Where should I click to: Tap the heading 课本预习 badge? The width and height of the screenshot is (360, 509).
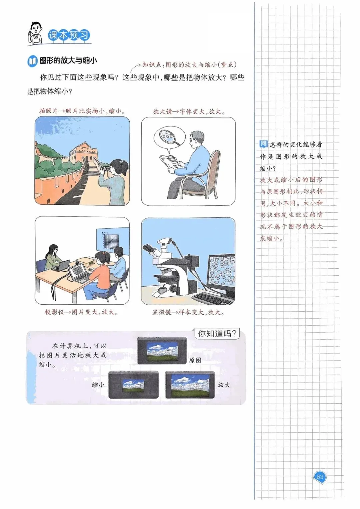coord(69,35)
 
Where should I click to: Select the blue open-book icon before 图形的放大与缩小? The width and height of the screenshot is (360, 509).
coord(32,61)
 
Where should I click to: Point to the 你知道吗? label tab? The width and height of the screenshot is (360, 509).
coord(217,334)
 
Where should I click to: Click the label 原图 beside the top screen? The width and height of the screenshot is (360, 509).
coord(195,360)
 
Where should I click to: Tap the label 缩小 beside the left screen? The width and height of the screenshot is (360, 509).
coord(98,384)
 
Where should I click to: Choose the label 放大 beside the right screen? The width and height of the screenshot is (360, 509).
coord(224,384)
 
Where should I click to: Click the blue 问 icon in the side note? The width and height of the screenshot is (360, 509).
coord(263,144)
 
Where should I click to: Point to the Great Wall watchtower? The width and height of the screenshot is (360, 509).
coord(83,152)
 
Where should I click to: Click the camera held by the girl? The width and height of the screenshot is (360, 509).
coord(106,168)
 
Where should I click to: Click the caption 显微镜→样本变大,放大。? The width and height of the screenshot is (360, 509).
coord(188,312)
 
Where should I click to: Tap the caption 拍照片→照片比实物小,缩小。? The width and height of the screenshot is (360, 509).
coord(83,111)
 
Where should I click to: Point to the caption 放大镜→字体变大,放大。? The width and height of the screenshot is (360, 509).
coord(189,111)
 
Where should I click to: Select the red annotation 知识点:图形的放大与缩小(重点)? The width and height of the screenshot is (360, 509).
coord(189,65)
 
